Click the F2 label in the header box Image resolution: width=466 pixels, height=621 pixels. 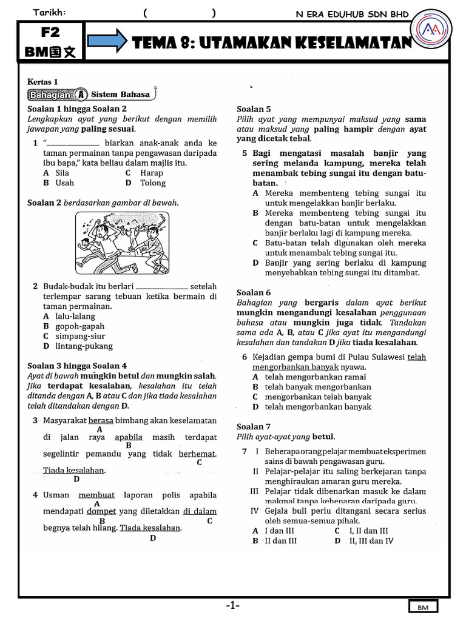pos(52,32)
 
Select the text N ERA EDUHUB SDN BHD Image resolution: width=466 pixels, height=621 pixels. pos(352,14)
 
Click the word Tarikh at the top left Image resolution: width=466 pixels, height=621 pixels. pos(50,13)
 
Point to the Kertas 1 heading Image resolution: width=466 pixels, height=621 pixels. pos(43,81)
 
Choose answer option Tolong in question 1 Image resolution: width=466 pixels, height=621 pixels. pos(152,183)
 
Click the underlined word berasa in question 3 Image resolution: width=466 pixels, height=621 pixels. pos(101,420)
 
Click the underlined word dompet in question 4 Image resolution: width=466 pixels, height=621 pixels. pos(101,511)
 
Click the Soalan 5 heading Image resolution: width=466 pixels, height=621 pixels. pos(253,109)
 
